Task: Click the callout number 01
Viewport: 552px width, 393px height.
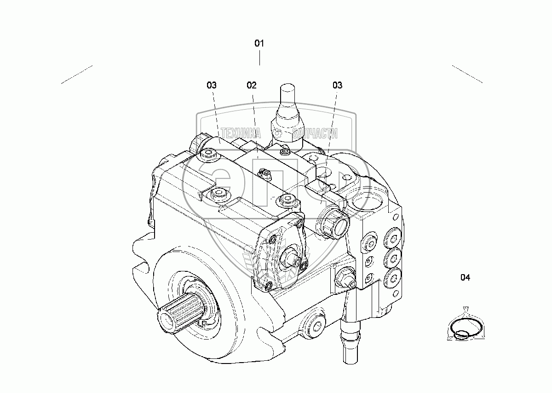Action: tap(259, 43)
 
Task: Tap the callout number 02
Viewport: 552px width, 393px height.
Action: tap(251, 85)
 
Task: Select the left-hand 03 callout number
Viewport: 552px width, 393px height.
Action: tap(211, 85)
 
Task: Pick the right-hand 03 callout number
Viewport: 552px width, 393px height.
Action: tap(337, 85)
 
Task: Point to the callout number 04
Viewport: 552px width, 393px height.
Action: tap(466, 277)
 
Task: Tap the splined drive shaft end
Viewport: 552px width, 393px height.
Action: tap(179, 313)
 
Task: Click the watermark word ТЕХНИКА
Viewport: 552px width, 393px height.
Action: tap(241, 134)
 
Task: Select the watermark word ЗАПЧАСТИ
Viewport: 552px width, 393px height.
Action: tap(315, 134)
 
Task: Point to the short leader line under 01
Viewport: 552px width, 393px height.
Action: tap(259, 59)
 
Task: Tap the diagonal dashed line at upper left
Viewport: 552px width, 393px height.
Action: tap(77, 75)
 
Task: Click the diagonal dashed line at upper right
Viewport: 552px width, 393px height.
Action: tap(467, 74)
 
